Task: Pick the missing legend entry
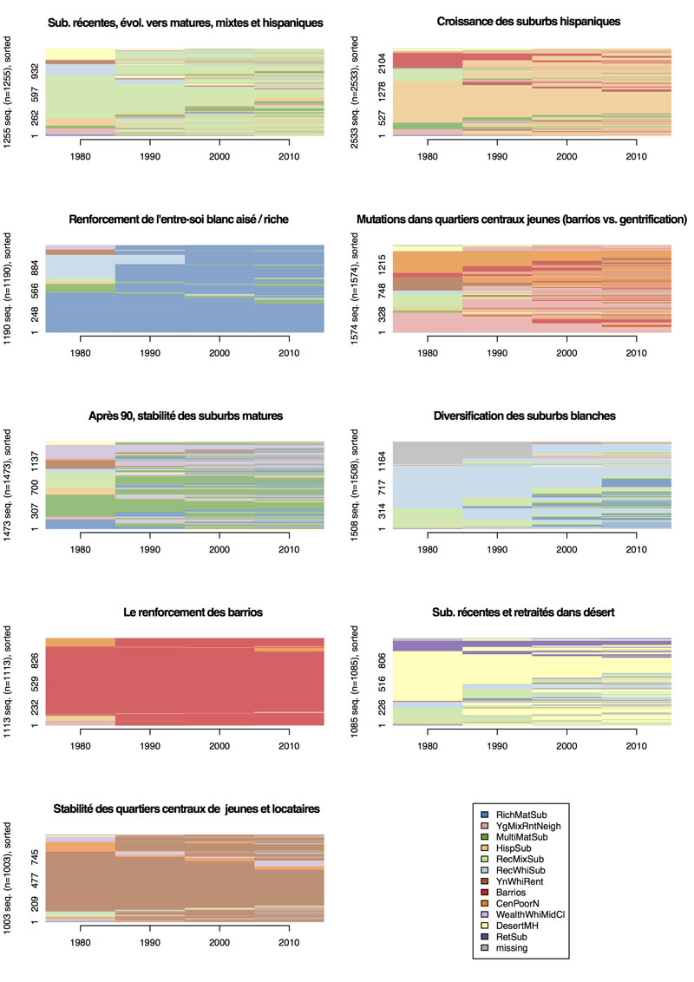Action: click(x=512, y=948)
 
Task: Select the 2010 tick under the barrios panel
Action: click(x=289, y=745)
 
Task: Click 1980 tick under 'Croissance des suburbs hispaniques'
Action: click(x=428, y=156)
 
